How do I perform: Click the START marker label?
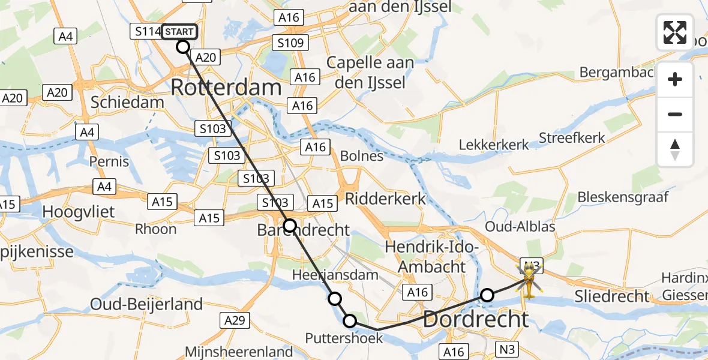(179, 31)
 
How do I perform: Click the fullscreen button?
(675, 32)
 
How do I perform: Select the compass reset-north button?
(675, 149)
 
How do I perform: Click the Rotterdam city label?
(226, 88)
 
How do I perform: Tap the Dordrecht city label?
(476, 319)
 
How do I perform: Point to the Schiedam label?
(127, 102)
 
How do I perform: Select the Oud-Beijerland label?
(146, 305)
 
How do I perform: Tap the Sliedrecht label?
(611, 296)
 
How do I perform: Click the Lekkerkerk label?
(494, 145)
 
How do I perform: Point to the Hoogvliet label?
(79, 212)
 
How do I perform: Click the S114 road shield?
(146, 31)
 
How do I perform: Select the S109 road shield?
(290, 43)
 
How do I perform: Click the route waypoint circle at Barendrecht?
(290, 226)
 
